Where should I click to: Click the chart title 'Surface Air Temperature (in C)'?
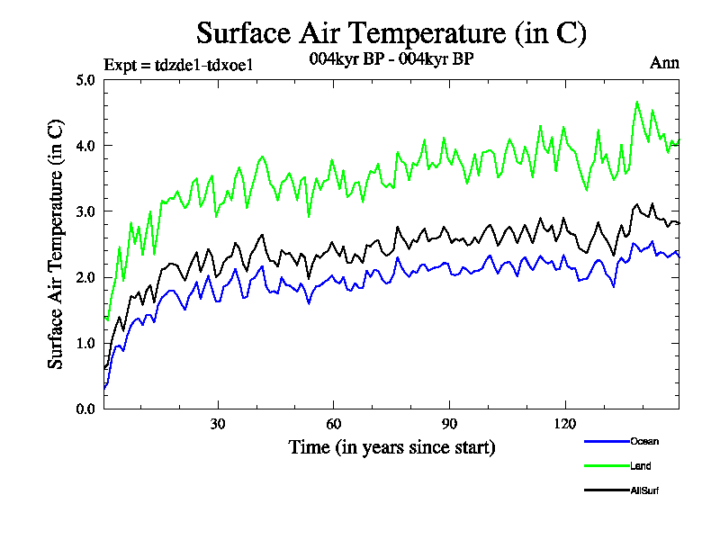(391, 33)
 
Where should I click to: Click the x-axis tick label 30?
(218, 424)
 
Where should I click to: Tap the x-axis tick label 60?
(333, 424)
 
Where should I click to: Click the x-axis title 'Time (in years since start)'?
(391, 446)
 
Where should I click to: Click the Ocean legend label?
(644, 441)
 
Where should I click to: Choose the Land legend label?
(641, 466)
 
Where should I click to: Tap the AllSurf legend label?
(646, 490)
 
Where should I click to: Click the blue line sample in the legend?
(605, 441)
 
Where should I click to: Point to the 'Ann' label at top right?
(664, 63)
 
